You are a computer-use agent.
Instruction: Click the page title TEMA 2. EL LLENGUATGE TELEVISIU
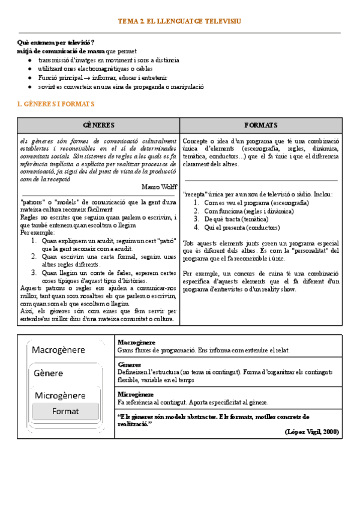pyautogui.click(x=180, y=21)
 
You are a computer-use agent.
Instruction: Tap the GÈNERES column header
pyautogui.click(x=99, y=125)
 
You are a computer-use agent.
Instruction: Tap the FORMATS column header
pyautogui.click(x=261, y=125)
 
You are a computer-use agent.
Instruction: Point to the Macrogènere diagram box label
pyautogui.click(x=58, y=350)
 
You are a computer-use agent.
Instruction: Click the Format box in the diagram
pyautogui.click(x=65, y=411)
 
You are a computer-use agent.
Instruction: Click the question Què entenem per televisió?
pyautogui.click(x=57, y=43)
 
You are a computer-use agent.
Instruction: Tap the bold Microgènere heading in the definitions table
pyautogui.click(x=136, y=394)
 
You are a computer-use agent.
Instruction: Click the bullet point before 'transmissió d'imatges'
pyautogui.click(x=30, y=61)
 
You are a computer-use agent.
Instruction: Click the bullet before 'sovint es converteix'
pyautogui.click(x=30, y=86)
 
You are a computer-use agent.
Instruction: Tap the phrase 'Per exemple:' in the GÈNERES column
pyautogui.click(x=37, y=232)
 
